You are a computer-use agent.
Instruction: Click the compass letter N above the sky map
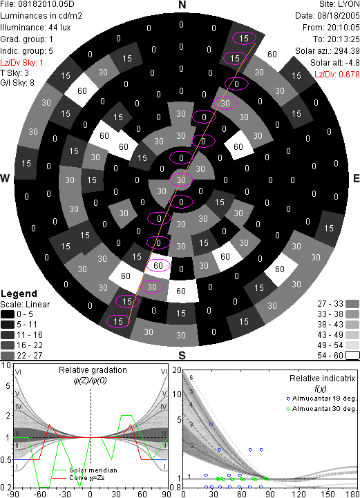182,5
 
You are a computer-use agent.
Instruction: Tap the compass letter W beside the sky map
5,178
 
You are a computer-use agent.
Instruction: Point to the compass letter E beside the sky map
357,178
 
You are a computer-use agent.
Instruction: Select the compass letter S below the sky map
182,355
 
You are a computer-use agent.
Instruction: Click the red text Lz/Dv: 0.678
337,75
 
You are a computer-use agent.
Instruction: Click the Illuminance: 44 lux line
36,28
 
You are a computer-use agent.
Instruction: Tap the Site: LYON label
340,4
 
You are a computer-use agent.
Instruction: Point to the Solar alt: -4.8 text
335,63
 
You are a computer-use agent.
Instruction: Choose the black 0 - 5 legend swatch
8,314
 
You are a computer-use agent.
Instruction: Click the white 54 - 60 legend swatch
352,356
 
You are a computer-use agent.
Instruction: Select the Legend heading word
19,294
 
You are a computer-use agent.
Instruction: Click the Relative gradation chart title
93,370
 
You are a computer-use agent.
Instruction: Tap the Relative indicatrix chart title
322,379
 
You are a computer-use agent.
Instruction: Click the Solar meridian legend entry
85,470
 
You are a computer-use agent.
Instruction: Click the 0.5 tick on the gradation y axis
6,460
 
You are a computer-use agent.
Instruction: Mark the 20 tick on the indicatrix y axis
177,370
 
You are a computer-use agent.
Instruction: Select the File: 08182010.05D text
37,4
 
